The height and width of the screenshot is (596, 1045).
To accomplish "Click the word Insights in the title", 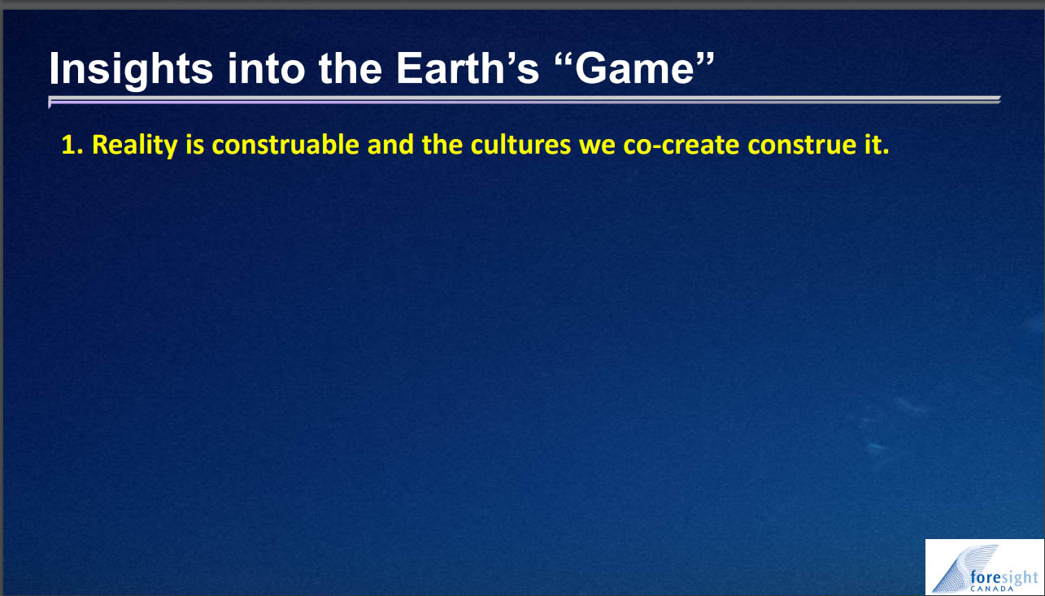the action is (x=131, y=68).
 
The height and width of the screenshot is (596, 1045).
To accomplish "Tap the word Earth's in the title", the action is (x=468, y=68).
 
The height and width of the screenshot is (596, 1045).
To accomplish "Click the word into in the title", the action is (x=266, y=68).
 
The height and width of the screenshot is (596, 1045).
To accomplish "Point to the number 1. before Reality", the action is (x=72, y=145).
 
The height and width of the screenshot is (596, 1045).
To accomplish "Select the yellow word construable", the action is (x=285, y=145).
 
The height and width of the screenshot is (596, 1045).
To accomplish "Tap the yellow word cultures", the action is (x=520, y=145).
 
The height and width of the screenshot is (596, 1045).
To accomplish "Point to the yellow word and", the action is (x=390, y=145).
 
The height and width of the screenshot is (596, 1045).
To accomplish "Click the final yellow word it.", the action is (x=877, y=145).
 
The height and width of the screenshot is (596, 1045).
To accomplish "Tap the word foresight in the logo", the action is (x=1004, y=577).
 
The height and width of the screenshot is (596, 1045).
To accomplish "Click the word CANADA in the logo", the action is (x=992, y=589).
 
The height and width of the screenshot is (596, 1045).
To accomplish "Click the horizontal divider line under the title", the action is (x=525, y=100).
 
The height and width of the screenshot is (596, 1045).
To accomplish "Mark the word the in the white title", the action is (x=351, y=68).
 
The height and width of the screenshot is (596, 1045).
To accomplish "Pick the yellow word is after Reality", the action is (x=195, y=145).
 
